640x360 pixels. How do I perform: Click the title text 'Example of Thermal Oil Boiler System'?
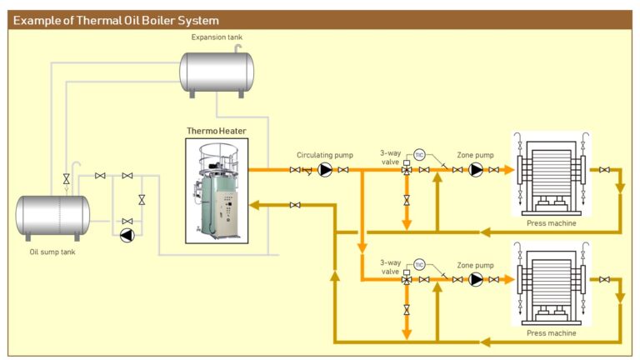pyautogui.click(x=117, y=20)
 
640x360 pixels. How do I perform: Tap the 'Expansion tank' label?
pyautogui.click(x=217, y=37)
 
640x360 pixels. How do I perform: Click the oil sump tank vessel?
pyautogui.click(x=52, y=215)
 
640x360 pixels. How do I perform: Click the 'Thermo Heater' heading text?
pyautogui.click(x=216, y=131)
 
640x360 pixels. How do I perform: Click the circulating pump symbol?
pyautogui.click(x=325, y=170)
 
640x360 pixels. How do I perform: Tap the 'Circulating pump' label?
pyautogui.click(x=325, y=155)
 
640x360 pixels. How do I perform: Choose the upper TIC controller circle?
pyautogui.click(x=419, y=155)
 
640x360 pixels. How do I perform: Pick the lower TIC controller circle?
pyautogui.click(x=419, y=264)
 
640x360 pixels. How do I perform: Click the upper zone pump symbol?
pyautogui.click(x=476, y=170)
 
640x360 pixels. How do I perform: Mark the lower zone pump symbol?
pyautogui.click(x=476, y=279)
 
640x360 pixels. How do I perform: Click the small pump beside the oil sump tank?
pyautogui.click(x=126, y=235)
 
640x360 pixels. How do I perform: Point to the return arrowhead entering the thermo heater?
pyautogui.click(x=254, y=204)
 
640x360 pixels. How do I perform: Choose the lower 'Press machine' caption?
pyautogui.click(x=551, y=332)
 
